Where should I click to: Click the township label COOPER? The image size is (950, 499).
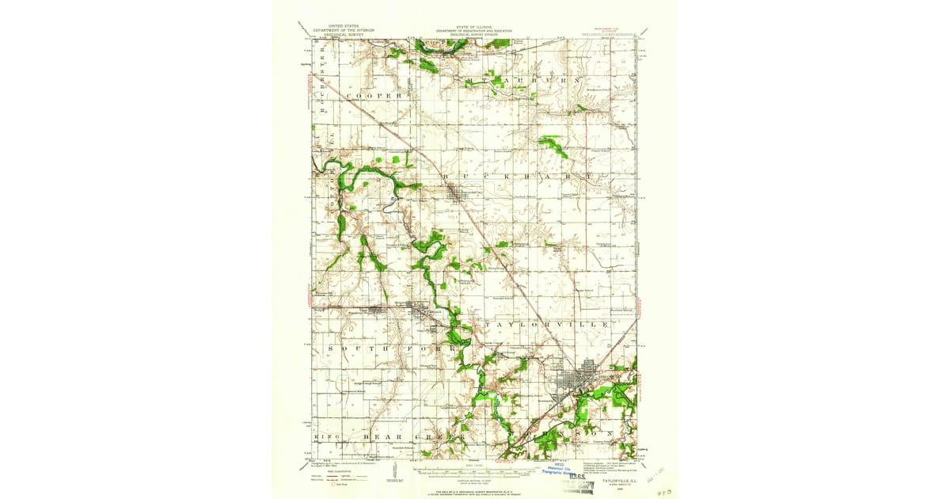pos(374,95)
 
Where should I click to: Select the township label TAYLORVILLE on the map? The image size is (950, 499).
pos(542,326)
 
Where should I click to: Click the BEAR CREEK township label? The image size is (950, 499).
pos(404,436)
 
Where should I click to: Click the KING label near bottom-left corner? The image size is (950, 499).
pos(325,436)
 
